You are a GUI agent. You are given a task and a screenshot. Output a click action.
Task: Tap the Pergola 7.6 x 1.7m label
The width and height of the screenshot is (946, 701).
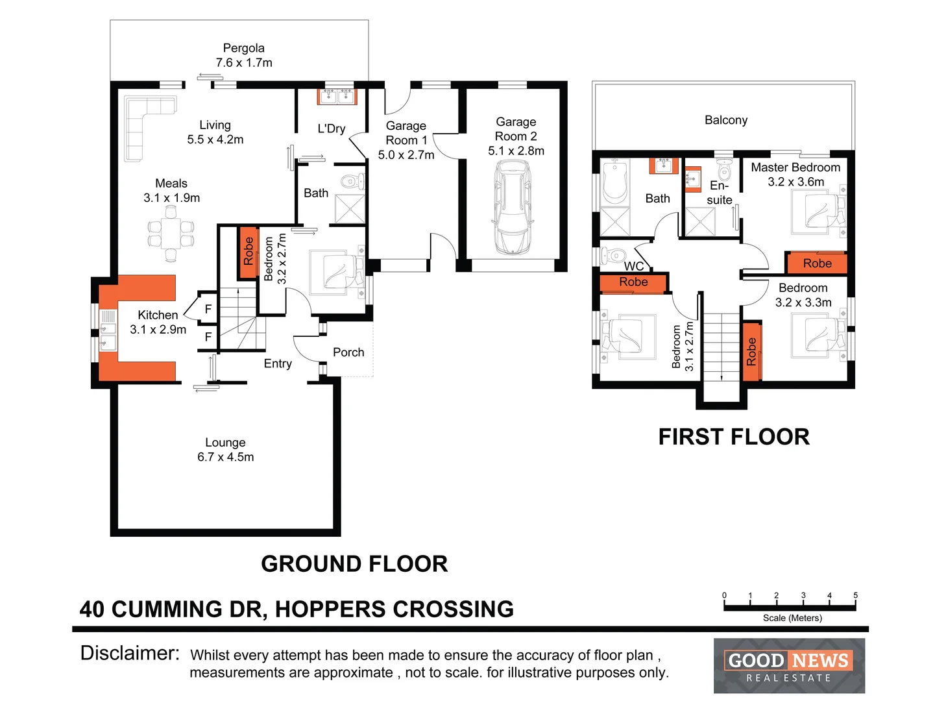coord(244,56)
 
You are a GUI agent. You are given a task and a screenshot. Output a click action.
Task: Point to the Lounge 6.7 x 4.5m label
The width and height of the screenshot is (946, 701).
coord(225,450)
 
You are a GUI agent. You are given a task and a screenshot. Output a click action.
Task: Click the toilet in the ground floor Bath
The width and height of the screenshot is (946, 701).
coord(352,180)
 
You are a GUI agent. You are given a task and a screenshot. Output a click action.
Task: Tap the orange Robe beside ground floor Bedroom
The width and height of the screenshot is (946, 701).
coord(248,252)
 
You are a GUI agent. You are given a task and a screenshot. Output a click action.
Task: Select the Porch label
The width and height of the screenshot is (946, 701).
coord(348,352)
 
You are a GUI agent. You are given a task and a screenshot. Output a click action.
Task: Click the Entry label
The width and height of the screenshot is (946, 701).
coord(278,363)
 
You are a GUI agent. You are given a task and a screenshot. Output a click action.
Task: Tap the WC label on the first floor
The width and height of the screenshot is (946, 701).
coord(634,266)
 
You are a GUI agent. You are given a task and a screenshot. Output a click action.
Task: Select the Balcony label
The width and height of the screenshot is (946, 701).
coord(726,120)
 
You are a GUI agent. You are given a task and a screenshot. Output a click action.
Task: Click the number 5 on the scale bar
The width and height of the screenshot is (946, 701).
coord(855,595)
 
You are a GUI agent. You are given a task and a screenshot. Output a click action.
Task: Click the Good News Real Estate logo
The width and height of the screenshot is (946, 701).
coord(789,666)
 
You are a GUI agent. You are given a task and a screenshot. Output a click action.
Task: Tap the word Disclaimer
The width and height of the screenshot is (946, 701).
coord(130,653)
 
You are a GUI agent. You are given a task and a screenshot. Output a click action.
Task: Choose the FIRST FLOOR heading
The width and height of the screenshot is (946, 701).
coord(734,437)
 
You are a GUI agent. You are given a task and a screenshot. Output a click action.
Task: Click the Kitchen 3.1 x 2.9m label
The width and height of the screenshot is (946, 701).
coord(158,322)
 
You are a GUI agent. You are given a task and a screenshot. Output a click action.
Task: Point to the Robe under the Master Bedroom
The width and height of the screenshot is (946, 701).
coord(817,264)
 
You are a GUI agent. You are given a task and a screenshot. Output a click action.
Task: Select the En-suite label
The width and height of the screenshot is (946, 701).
coord(720,193)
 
